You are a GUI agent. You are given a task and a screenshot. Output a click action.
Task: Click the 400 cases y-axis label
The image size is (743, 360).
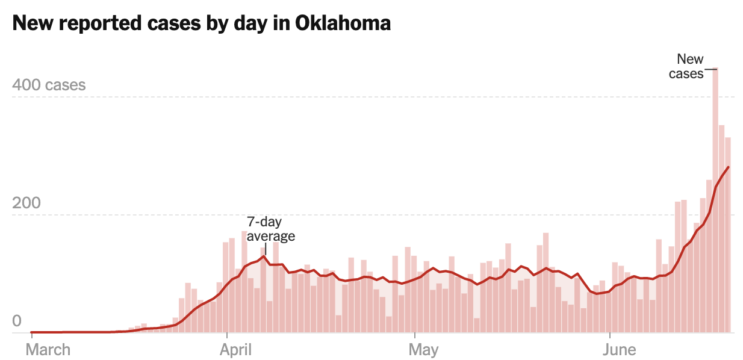[x=49, y=85]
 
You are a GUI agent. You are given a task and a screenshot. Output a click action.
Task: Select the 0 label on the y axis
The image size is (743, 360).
[x=17, y=321]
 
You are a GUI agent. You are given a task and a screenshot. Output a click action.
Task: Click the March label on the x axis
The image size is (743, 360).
[x=48, y=350]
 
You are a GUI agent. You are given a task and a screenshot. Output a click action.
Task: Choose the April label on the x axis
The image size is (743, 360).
[x=237, y=350]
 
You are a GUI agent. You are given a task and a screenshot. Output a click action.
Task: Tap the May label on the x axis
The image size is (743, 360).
[x=423, y=350]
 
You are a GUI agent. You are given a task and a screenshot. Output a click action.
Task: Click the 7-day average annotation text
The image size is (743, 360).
[x=270, y=229]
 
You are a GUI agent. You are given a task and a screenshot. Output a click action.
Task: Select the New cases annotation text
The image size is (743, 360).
[x=688, y=66]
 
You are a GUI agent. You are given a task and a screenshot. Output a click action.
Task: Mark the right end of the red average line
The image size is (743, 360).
[x=729, y=167]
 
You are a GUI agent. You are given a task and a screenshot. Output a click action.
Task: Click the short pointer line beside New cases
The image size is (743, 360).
[x=711, y=69]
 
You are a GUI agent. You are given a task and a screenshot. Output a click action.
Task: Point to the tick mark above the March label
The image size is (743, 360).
[x=31, y=336]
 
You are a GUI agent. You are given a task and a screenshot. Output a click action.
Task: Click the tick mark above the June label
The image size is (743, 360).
[x=611, y=336]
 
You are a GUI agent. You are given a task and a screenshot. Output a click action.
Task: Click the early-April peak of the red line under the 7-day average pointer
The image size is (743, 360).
[x=264, y=256]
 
